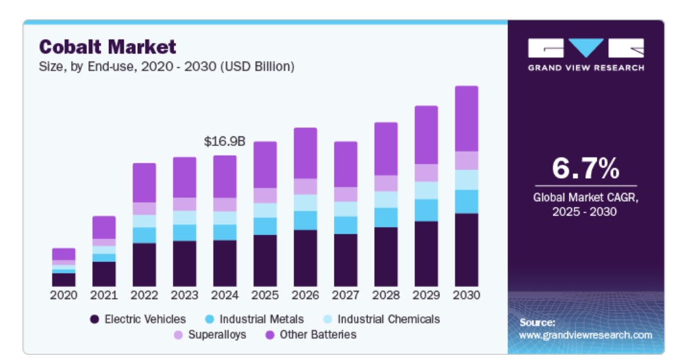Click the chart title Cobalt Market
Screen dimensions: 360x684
pyautogui.click(x=107, y=47)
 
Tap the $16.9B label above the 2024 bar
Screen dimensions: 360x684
pyautogui.click(x=224, y=142)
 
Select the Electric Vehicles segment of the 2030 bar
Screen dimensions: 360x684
pyautogui.click(x=466, y=249)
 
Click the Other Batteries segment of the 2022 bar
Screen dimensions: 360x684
pyautogui.click(x=144, y=183)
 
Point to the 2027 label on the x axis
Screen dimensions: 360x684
pyautogui.click(x=345, y=295)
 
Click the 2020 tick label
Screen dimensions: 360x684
pyautogui.click(x=63, y=295)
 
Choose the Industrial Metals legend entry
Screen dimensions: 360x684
pyautogui.click(x=255, y=319)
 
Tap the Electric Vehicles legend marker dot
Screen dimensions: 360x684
pyautogui.click(x=95, y=319)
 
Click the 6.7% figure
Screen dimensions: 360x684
pyautogui.click(x=585, y=168)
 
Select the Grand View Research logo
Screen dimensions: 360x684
pyautogui.click(x=585, y=54)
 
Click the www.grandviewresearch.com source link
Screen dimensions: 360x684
pyautogui.click(x=585, y=335)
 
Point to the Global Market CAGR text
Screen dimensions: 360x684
pyautogui.click(x=585, y=198)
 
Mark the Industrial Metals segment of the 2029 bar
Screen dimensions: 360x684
pyautogui.click(x=426, y=210)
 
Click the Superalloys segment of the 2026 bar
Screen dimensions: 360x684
pyautogui.click(x=305, y=186)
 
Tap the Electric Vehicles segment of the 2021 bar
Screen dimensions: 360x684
pyautogui.click(x=104, y=274)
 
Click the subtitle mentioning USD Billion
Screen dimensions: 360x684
pyautogui.click(x=167, y=67)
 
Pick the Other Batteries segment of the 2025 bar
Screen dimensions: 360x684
pyautogui.click(x=265, y=165)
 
